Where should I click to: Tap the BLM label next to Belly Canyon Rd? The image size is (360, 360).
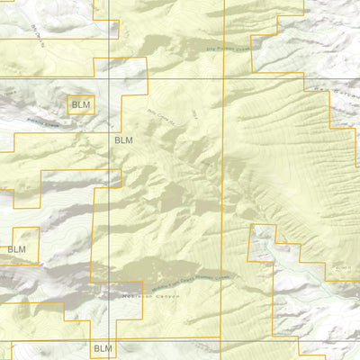point(123,140)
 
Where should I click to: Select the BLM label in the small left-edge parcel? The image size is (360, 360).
point(16,249)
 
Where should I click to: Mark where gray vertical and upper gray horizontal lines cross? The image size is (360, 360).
point(109,78)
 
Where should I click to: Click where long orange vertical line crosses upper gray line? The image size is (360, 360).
point(223,78)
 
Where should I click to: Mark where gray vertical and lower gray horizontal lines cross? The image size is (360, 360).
point(109,340)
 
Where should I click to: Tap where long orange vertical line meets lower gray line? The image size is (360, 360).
point(222,340)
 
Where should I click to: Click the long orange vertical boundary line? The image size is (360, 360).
point(223,198)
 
